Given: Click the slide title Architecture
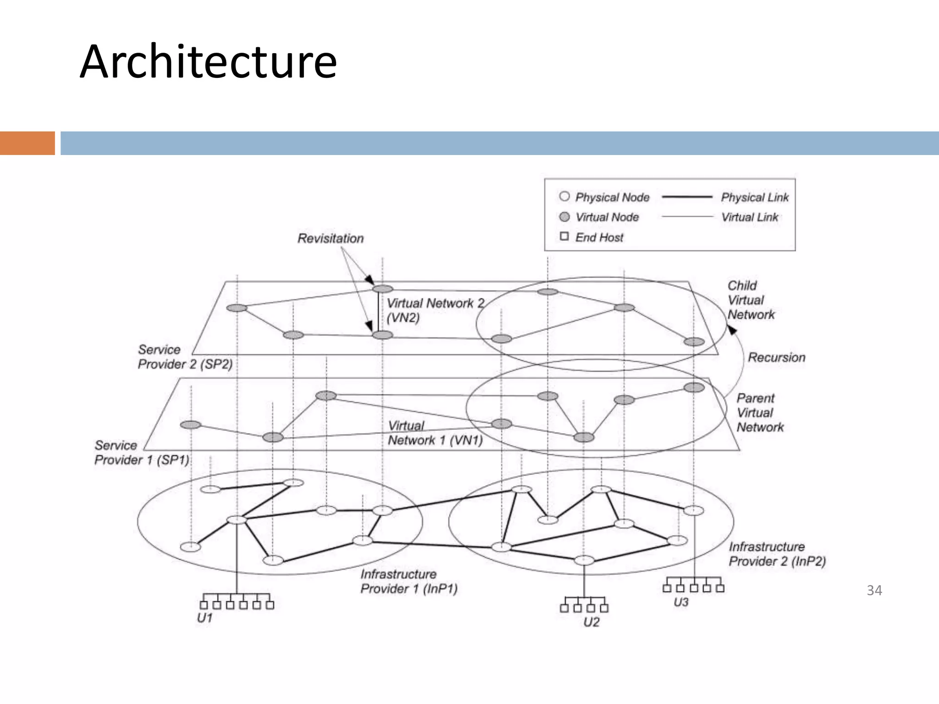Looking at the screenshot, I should tap(209, 62).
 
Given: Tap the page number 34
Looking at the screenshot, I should tap(874, 590).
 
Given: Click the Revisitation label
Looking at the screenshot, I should tap(330, 238).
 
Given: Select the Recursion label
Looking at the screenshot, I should tap(776, 357).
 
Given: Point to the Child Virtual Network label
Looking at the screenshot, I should tap(751, 300).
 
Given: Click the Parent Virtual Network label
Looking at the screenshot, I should tap(760, 412).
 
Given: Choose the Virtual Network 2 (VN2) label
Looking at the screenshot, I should tap(435, 310).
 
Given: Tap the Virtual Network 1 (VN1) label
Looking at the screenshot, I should tap(435, 433).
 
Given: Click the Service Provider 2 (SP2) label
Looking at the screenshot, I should tap(185, 357).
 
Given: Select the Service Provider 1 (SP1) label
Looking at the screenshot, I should tap(142, 453).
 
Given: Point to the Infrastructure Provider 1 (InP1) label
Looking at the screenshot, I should tap(409, 581).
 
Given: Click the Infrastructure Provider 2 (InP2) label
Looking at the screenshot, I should tap(777, 554).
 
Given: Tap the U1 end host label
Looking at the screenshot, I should tap(204, 618).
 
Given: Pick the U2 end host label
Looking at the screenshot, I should tap(591, 622).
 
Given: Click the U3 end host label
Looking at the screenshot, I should tap(681, 602).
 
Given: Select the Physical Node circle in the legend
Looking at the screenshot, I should tap(564, 197).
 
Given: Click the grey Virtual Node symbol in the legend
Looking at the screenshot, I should tap(564, 217).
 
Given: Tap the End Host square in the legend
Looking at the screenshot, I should tap(564, 236).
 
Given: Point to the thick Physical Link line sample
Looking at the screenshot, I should tap(687, 197).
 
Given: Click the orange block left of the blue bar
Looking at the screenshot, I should tap(27, 143).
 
